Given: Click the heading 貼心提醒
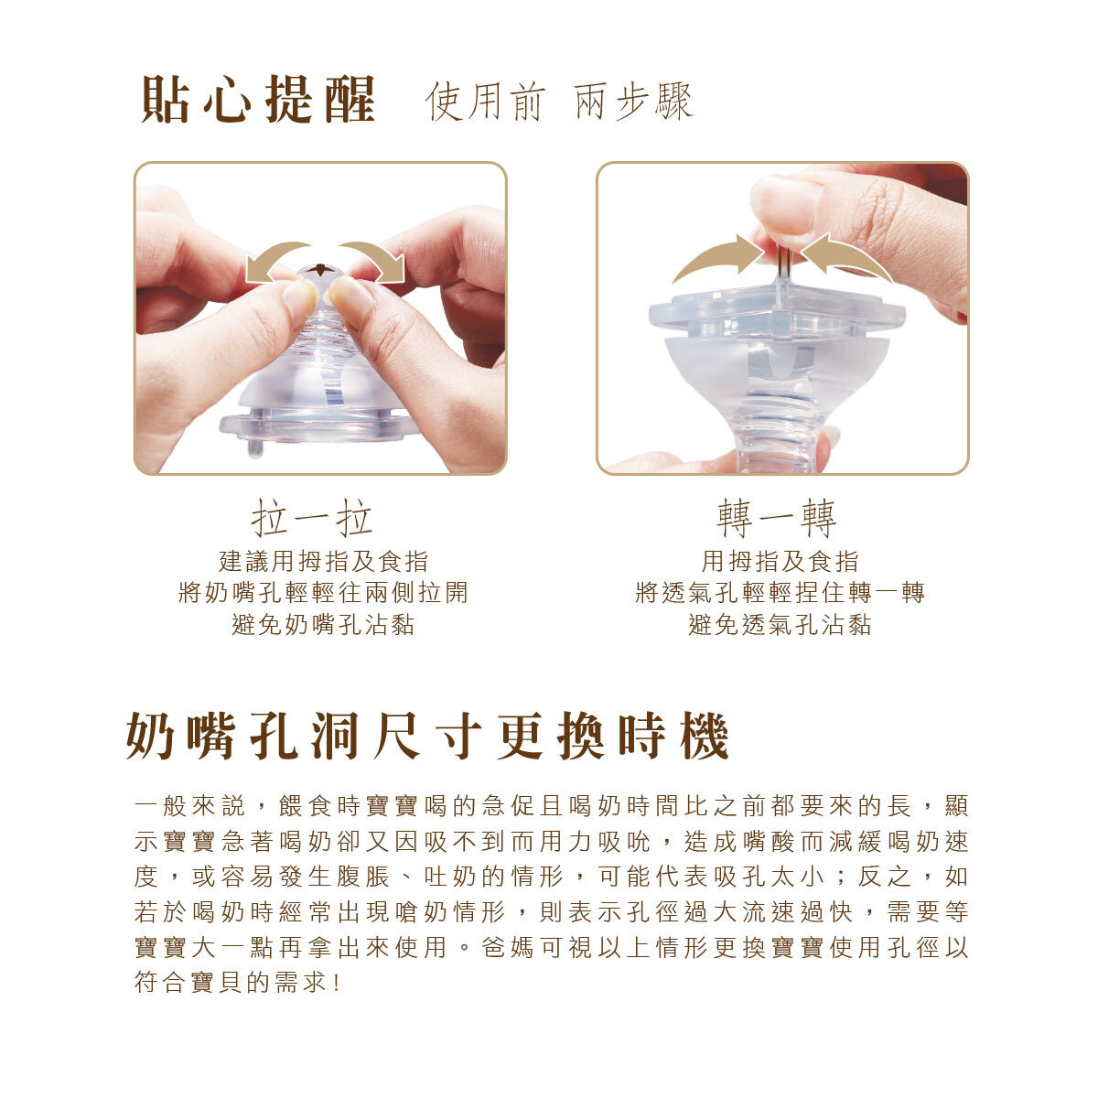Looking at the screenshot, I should (x=258, y=100).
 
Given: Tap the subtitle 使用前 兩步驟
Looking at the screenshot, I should (x=559, y=102).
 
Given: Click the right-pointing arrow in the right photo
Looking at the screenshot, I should (x=716, y=259).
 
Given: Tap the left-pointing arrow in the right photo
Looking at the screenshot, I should (x=847, y=257).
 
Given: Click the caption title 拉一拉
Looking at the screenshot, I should (x=312, y=520).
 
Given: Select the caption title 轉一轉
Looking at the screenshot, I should (x=776, y=520).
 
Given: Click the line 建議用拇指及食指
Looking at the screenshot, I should (x=323, y=561).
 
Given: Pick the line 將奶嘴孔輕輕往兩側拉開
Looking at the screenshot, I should (x=323, y=593).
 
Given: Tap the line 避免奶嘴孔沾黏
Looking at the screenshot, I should (x=323, y=625).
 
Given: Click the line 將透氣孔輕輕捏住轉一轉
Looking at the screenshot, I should (x=780, y=593).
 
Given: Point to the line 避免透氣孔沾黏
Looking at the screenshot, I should (x=780, y=625).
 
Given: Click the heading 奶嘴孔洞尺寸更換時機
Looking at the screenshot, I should (x=427, y=737).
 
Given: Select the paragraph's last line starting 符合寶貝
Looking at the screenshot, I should (x=240, y=984).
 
